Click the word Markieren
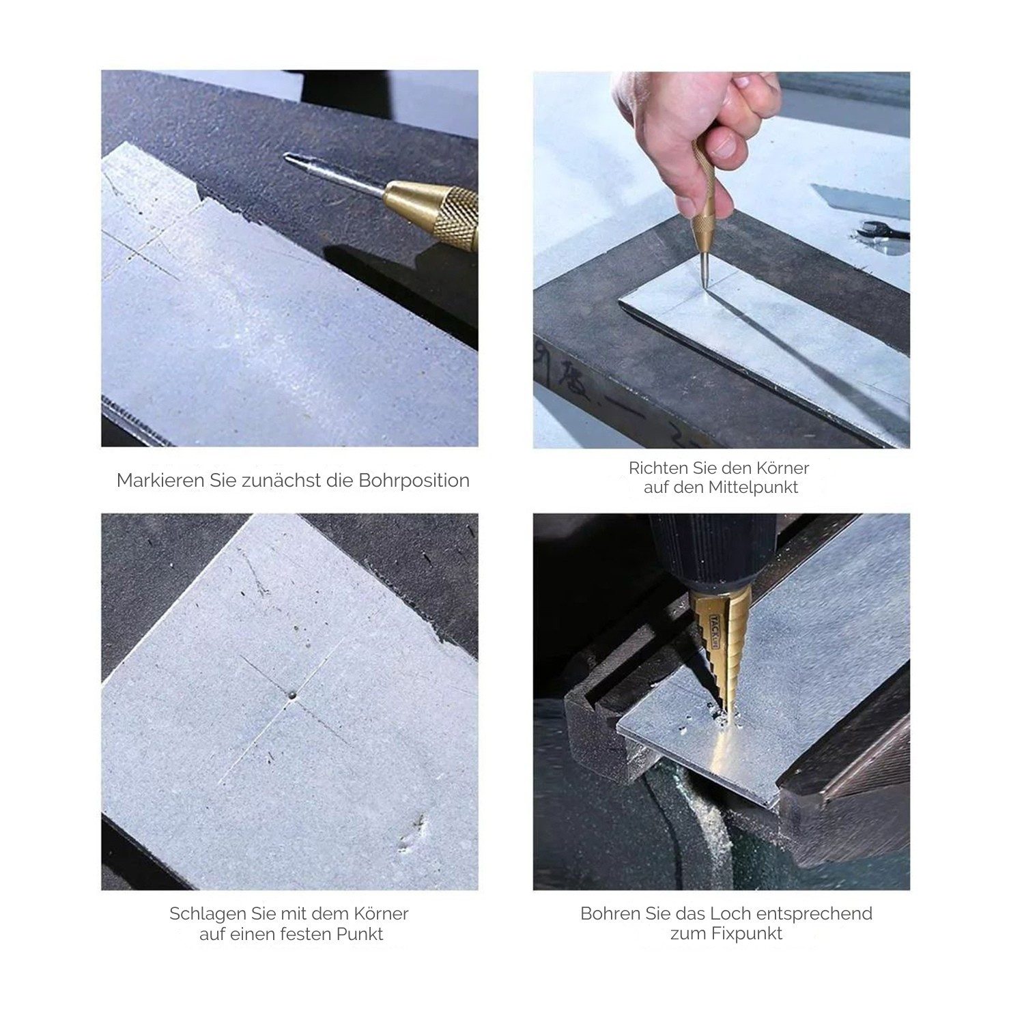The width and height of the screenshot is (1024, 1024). click(158, 481)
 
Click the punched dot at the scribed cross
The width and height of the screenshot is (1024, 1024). click(292, 696)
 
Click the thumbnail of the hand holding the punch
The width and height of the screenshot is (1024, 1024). click(721, 259)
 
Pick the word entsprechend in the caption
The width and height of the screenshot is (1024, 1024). click(819, 914)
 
